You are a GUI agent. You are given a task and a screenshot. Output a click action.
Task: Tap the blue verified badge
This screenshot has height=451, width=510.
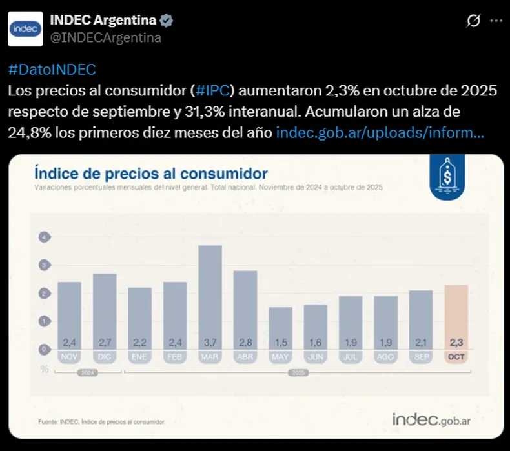tap(167, 21)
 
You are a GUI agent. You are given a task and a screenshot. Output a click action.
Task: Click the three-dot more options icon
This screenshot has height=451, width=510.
tap(496, 21)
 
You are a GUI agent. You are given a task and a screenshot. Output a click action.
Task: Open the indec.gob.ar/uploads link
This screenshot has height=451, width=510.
tap(379, 133)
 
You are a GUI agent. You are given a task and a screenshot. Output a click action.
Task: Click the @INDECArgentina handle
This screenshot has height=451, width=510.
tap(106, 37)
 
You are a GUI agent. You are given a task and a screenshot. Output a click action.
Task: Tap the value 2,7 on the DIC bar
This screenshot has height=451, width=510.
tap(104, 343)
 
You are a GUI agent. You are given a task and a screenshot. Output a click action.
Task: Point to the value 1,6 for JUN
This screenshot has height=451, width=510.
tap(316, 343)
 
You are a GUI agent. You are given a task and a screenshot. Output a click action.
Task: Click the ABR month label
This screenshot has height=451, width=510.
tap(245, 356)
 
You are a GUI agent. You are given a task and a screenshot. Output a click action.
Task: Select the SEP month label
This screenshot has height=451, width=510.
tap(420, 356)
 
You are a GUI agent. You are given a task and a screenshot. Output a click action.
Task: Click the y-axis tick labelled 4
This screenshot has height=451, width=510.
tap(45, 237)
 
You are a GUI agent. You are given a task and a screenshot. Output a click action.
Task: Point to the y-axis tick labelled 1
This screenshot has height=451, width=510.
tap(45, 321)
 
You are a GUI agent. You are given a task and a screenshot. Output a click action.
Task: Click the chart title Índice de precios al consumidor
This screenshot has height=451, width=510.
tap(150, 174)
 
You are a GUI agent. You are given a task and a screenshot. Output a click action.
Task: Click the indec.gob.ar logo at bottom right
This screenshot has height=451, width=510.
tap(432, 419)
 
